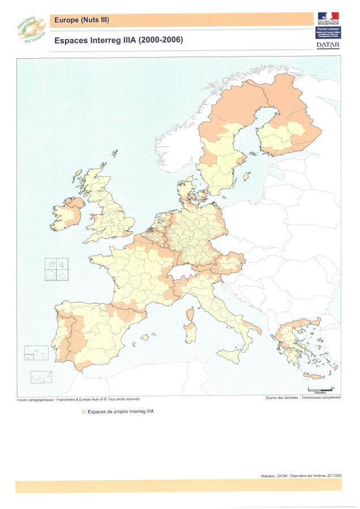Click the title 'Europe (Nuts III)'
coord(81,21)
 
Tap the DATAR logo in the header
coord(328,45)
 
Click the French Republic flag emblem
coord(328,18)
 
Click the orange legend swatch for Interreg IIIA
coord(84,412)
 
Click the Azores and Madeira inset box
coord(36,353)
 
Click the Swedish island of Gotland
coord(247,177)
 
